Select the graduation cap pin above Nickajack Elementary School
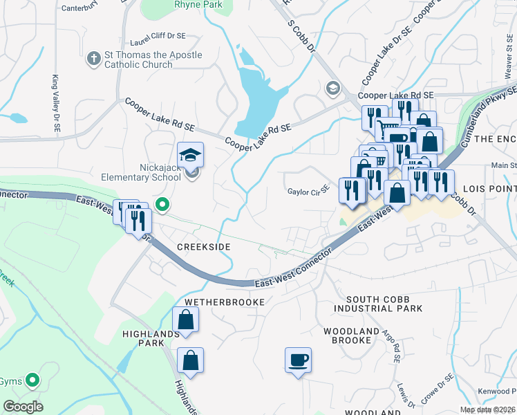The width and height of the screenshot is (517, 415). (x=190, y=154)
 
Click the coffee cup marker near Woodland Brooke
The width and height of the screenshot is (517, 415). (x=298, y=360)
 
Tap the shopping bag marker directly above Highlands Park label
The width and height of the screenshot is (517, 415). (x=185, y=320)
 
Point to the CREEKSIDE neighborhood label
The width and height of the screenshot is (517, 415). (x=203, y=247)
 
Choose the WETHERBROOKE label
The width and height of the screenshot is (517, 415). (x=224, y=302)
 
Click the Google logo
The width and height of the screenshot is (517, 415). (x=23, y=407)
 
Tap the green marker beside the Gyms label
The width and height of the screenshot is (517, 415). (x=32, y=380)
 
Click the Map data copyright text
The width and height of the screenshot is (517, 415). (x=487, y=409)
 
